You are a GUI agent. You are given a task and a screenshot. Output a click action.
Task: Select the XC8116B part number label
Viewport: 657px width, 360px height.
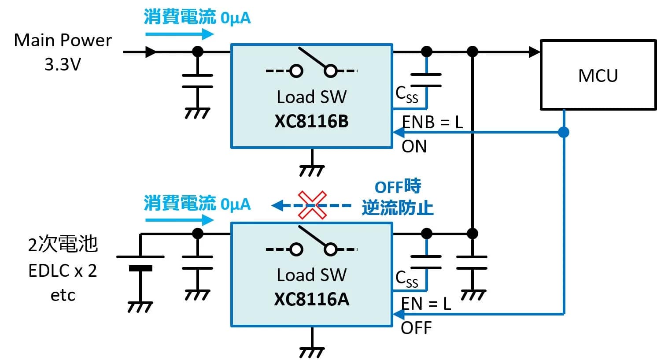[x=311, y=122]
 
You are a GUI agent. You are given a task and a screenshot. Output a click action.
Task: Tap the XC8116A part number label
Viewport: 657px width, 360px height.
[x=311, y=300]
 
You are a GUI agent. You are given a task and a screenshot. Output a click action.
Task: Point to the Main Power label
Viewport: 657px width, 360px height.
[x=63, y=40]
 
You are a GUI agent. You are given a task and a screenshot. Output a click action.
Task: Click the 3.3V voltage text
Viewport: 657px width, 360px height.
[x=63, y=64]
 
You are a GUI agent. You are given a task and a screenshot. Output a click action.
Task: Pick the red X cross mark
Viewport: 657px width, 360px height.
[x=312, y=205]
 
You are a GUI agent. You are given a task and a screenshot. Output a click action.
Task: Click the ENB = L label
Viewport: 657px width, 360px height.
[x=432, y=122]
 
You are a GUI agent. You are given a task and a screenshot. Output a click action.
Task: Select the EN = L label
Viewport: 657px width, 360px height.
[x=426, y=303]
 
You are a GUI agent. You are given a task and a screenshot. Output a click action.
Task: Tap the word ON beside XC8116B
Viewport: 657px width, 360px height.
[x=414, y=146]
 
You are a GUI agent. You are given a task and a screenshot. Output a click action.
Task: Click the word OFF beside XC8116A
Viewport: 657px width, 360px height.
[x=416, y=328]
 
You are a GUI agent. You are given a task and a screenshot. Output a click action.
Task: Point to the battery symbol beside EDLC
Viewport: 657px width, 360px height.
[x=140, y=262]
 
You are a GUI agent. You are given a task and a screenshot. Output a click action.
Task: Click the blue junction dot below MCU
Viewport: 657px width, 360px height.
[x=564, y=132]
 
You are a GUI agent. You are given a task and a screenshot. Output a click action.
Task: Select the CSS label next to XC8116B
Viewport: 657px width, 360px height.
[x=406, y=94]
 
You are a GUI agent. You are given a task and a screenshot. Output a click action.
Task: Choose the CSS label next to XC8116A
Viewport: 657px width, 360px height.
[x=406, y=279]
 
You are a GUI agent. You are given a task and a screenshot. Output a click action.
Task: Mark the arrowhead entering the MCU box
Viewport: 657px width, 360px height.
[x=535, y=52]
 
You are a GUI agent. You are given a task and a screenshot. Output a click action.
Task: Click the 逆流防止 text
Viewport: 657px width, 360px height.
[x=398, y=208]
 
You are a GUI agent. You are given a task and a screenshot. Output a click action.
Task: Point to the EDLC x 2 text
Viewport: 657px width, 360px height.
[x=63, y=271]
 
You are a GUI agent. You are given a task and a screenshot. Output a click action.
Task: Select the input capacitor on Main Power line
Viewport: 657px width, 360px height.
[x=197, y=81]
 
